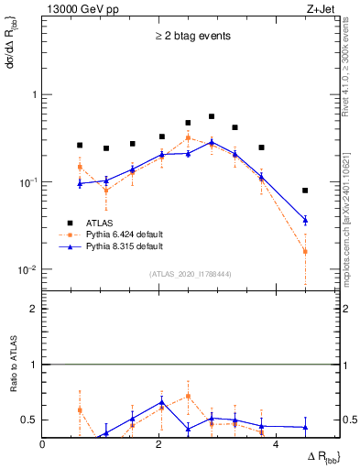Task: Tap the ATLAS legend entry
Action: (x=101, y=222)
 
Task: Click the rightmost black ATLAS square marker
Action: (x=305, y=191)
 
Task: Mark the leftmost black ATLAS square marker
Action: (x=80, y=145)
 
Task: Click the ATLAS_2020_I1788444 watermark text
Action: (x=191, y=274)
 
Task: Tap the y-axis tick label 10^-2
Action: (x=28, y=270)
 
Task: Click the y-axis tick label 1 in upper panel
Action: (x=34, y=95)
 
